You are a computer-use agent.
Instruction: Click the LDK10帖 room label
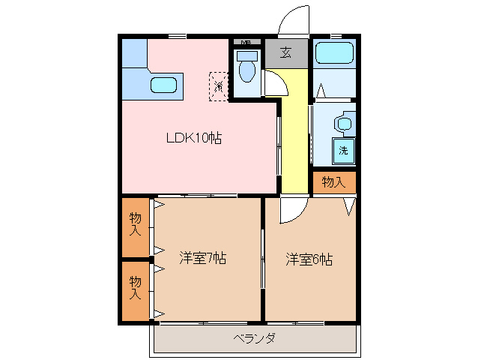tap(193, 138)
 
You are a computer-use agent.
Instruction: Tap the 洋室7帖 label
tap(202, 259)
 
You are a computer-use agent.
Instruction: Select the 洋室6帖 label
tap(309, 259)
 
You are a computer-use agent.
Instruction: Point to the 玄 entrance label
tap(285, 52)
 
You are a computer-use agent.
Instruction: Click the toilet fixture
tap(246, 68)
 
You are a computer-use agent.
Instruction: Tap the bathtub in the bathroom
tap(333, 54)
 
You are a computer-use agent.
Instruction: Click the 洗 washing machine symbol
tap(343, 150)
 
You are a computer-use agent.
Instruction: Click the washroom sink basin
tap(344, 123)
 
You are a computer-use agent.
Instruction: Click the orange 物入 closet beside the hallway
tap(333, 181)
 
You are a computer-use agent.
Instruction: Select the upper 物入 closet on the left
tap(136, 225)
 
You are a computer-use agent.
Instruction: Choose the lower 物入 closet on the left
tap(136, 288)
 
